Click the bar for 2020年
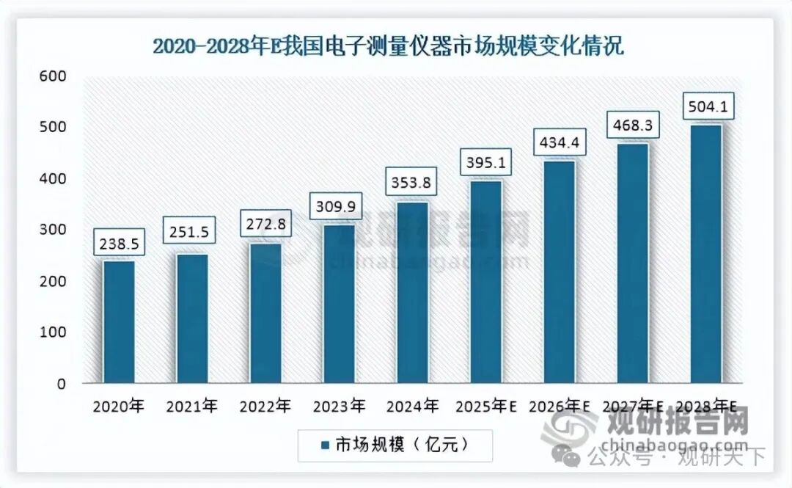tap(118, 322)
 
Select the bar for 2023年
tap(338, 304)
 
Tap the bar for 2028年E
tap(705, 254)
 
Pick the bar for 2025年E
tap(485, 282)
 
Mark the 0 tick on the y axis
tap(61, 384)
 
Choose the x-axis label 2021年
tap(192, 405)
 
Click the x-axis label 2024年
tap(412, 405)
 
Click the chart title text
tap(388, 46)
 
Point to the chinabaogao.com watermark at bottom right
tap(673, 445)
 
